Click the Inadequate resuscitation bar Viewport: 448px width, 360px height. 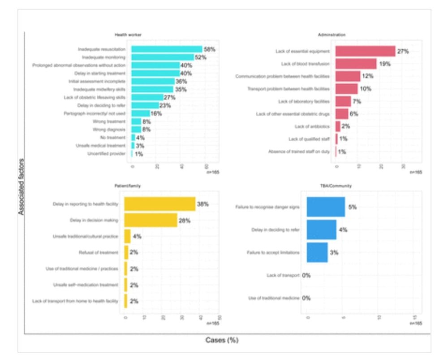click(x=166, y=49)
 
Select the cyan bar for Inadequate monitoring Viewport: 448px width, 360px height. click(x=162, y=57)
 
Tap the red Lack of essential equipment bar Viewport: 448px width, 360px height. click(x=365, y=51)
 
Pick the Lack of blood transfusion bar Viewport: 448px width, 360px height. click(x=356, y=64)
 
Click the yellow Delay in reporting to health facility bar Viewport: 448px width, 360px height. click(x=160, y=204)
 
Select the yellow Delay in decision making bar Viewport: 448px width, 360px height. click(x=151, y=220)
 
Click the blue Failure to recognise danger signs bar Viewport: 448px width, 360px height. click(x=326, y=207)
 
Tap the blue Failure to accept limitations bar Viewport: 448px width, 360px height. click(x=317, y=252)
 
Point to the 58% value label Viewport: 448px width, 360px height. click(x=210, y=49)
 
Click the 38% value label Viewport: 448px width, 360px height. click(x=203, y=204)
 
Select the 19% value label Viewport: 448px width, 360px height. click(x=384, y=64)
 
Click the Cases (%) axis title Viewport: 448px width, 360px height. click(x=222, y=340)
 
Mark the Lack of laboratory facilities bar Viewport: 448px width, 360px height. click(x=343, y=101)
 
